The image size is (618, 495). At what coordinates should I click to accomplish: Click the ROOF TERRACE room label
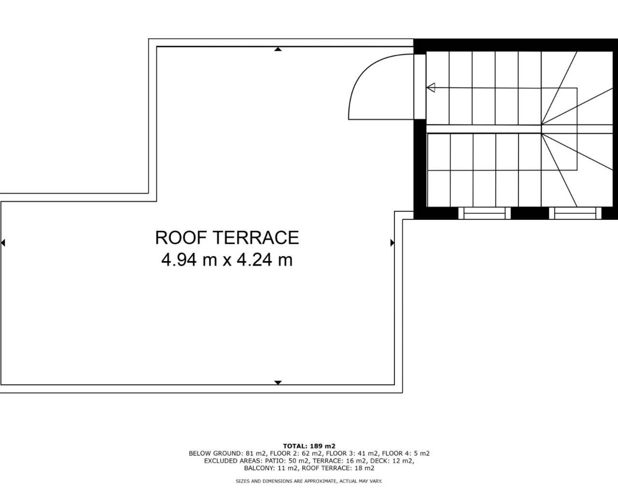pos(227,237)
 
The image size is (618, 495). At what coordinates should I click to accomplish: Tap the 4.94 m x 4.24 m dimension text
pos(227,260)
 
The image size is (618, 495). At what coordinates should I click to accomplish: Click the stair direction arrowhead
pos(431,87)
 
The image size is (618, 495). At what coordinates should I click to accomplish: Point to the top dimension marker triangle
pos(278,49)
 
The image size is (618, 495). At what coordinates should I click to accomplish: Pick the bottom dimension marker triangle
pos(278,382)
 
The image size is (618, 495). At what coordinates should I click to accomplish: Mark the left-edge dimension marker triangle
pos(3,243)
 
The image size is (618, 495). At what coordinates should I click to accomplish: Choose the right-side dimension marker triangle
pos(392,243)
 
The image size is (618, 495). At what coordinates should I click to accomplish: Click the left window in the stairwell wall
pos(484,213)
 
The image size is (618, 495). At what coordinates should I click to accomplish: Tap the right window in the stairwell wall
pos(575,213)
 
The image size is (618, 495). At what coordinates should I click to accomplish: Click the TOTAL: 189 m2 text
pos(309,446)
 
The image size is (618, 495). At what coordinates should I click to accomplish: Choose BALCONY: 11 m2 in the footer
pos(270,468)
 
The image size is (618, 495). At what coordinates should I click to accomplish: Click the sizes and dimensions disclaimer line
pos(309,481)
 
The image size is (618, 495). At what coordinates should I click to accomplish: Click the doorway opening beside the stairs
pos(420,87)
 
